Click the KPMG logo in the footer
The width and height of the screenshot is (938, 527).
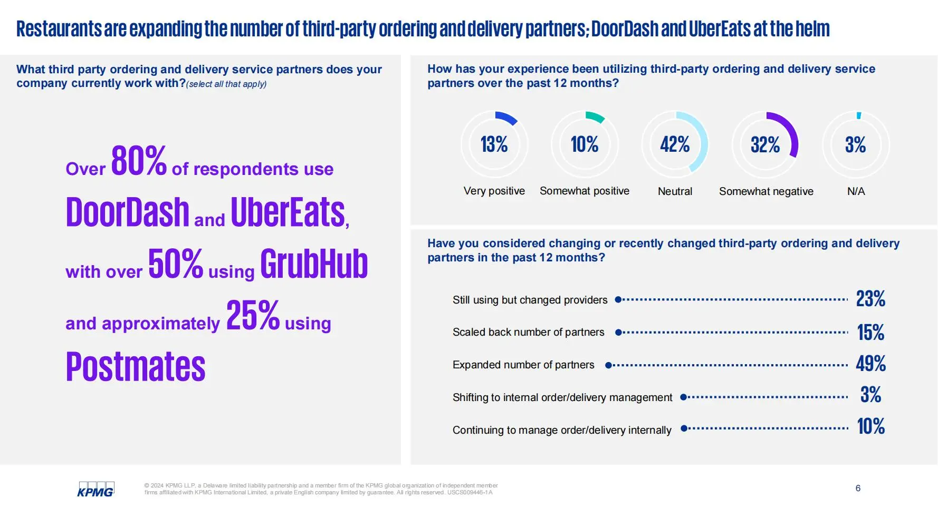point(95,489)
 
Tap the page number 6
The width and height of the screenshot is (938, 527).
point(858,488)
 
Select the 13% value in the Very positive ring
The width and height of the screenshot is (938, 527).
point(494,144)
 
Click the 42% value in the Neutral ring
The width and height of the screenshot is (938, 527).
point(675,144)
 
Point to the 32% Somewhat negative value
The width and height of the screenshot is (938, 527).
point(765,144)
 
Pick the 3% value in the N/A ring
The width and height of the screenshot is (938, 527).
point(855,144)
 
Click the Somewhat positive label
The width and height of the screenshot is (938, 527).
point(585,191)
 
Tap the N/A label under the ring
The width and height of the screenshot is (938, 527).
point(856,191)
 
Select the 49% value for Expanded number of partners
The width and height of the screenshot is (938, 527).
point(870,364)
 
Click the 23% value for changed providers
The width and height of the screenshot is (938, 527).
point(870,299)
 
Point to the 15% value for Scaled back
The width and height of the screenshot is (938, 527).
point(870,332)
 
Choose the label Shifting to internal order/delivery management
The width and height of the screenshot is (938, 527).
point(562,397)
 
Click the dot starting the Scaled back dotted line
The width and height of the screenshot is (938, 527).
point(619,333)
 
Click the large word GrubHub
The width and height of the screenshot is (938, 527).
point(314,263)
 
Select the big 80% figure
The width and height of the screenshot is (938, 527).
point(139,160)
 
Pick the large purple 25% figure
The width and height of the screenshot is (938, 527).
point(253,315)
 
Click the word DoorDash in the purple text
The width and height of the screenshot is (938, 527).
point(128,212)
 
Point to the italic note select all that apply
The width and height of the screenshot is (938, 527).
point(226,84)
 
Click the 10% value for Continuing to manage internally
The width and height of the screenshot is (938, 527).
point(870,426)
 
